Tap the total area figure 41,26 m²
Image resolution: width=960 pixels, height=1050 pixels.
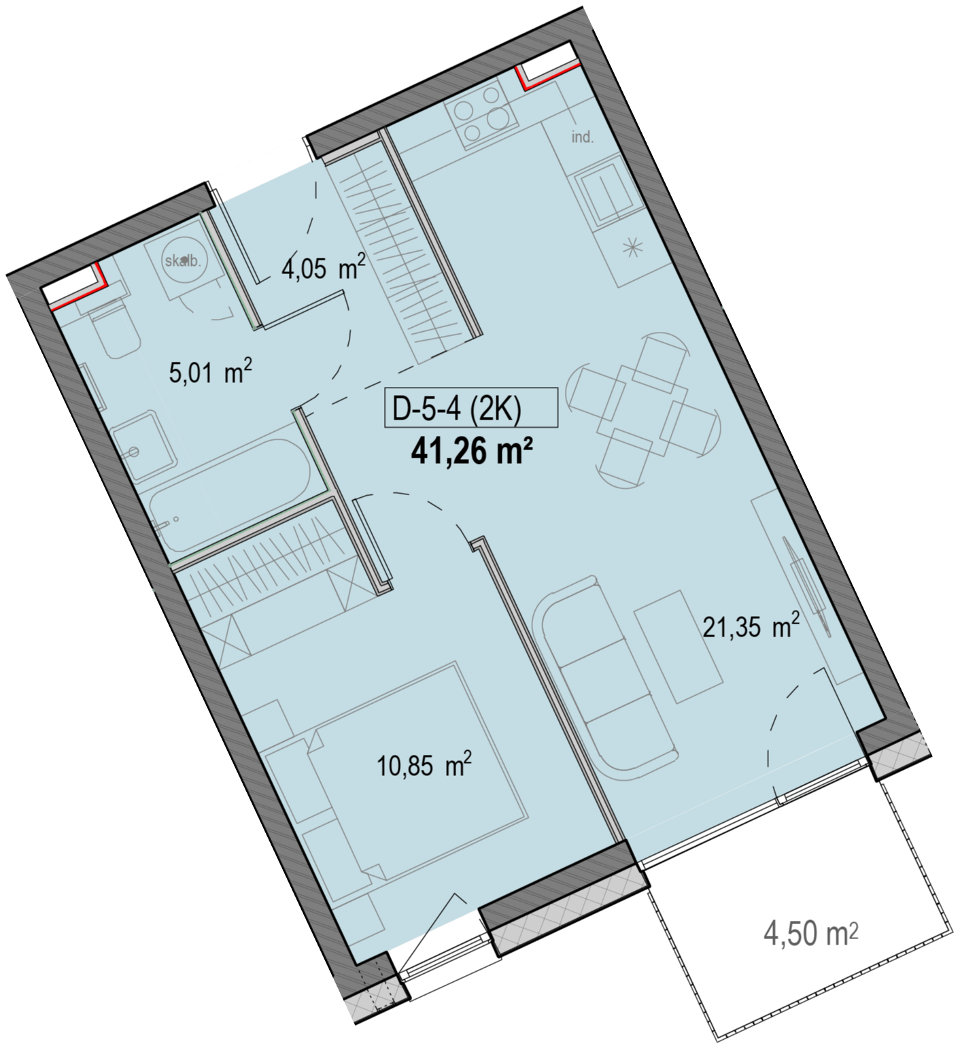pyautogui.click(x=471, y=451)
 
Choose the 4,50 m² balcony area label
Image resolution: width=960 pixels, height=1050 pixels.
pyautogui.click(x=810, y=934)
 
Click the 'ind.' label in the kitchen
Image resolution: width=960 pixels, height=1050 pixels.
pyautogui.click(x=583, y=137)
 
